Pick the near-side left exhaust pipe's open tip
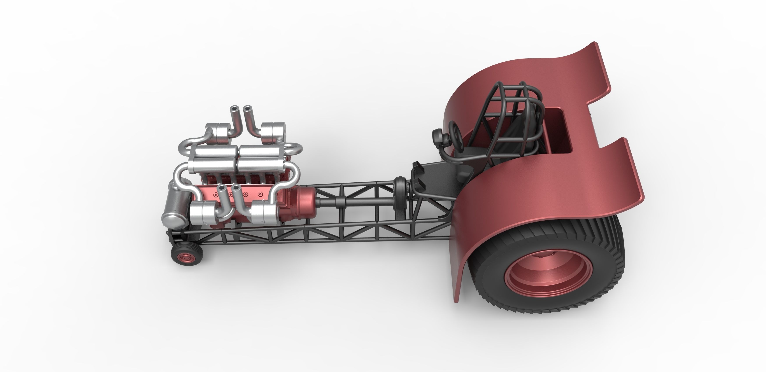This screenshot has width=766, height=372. point(221,188)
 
